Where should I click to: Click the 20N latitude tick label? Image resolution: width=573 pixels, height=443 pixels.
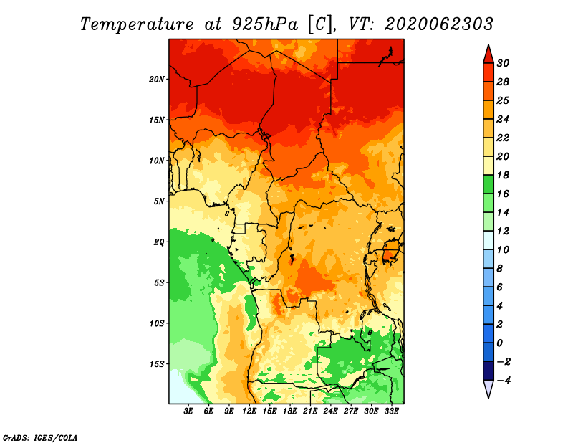click(x=157, y=80)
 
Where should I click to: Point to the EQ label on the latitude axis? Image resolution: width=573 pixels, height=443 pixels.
click(x=158, y=242)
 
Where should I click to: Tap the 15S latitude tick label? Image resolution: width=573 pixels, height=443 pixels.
click(x=157, y=364)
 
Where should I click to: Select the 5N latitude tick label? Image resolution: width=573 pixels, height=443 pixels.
click(x=159, y=201)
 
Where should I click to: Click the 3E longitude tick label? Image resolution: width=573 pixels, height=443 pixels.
click(x=188, y=411)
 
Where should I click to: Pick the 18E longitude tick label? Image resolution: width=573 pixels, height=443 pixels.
click(x=290, y=411)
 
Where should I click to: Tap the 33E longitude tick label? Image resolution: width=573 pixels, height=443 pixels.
click(x=391, y=411)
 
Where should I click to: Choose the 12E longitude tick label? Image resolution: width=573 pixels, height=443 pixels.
click(x=249, y=411)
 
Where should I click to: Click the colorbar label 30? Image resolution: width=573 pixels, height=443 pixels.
click(x=503, y=63)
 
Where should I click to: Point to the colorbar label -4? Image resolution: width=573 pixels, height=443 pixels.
click(x=504, y=381)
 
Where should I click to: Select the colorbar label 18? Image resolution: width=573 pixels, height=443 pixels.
click(x=503, y=175)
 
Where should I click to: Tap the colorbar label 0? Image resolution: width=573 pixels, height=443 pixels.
click(x=499, y=343)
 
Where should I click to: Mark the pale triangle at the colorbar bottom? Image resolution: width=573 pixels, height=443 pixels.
click(x=488, y=387)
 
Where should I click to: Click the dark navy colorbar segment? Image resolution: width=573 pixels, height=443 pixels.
click(x=488, y=371)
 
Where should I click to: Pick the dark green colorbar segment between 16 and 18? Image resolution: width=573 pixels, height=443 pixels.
click(x=488, y=184)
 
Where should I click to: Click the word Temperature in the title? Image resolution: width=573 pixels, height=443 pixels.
click(x=137, y=24)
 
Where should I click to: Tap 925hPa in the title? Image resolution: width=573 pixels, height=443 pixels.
click(x=265, y=24)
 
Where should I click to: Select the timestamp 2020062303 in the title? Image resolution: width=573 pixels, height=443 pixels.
click(x=439, y=24)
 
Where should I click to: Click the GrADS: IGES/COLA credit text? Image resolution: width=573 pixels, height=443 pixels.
click(x=40, y=437)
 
